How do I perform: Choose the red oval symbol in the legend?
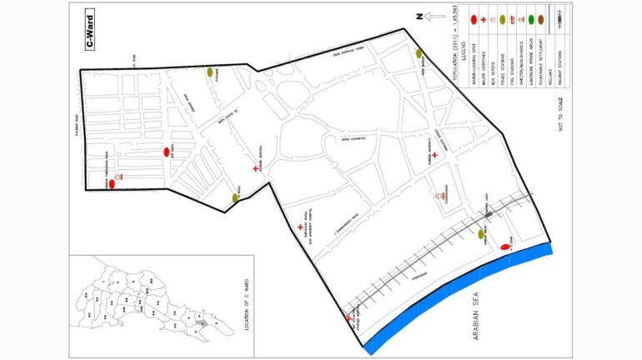pyautogui.click(x=473, y=18)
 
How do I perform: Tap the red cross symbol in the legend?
pyautogui.click(x=484, y=18)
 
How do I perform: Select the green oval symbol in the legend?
pyautogui.click(x=530, y=18)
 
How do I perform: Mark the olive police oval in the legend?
pyautogui.click(x=507, y=18)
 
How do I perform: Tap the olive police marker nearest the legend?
pyautogui.click(x=419, y=53)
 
